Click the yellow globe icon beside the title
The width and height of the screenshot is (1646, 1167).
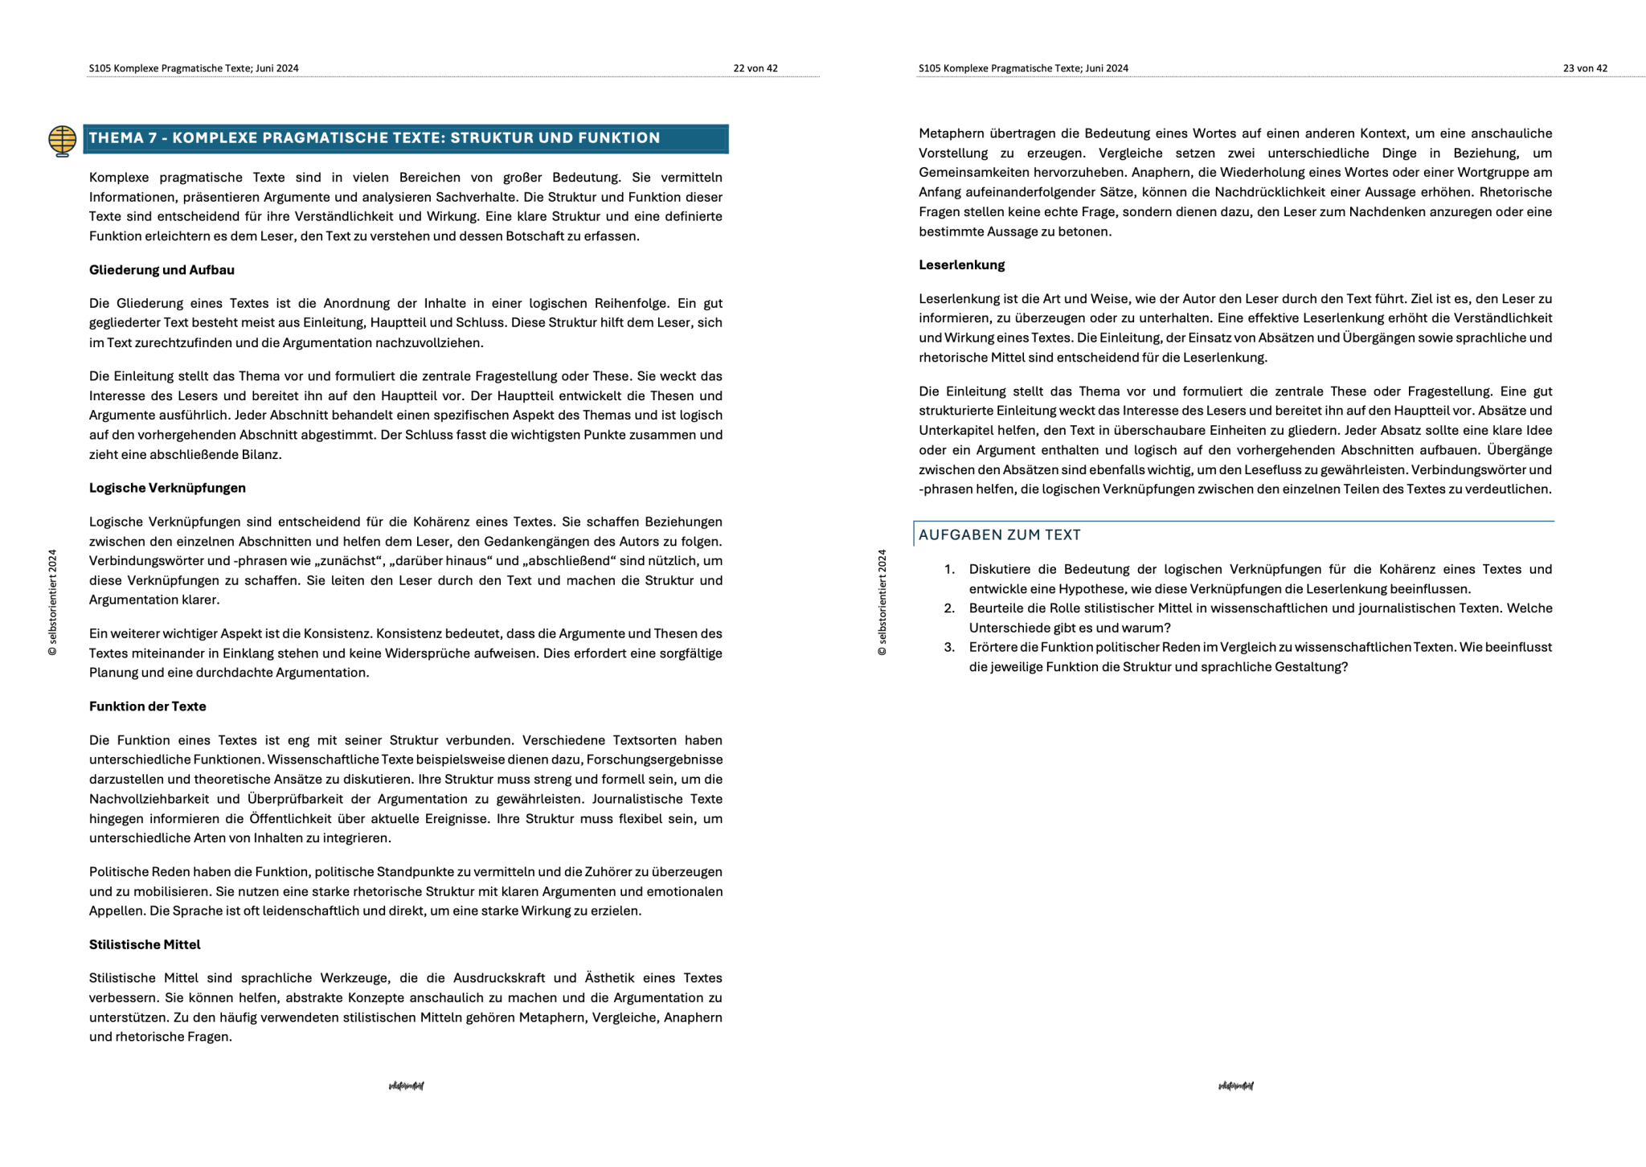click(x=62, y=141)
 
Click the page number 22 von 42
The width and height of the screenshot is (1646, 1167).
click(x=755, y=68)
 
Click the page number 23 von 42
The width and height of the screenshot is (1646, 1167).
click(x=1585, y=68)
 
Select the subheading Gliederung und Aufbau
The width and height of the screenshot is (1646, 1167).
click(x=162, y=270)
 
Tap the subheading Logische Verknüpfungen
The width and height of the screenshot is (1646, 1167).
click(x=167, y=488)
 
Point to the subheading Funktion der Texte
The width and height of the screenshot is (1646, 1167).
click(x=147, y=706)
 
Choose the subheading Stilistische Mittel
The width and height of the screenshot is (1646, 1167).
click(x=145, y=944)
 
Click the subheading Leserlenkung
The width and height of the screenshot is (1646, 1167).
click(x=961, y=265)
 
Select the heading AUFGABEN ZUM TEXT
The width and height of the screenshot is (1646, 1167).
click(x=999, y=535)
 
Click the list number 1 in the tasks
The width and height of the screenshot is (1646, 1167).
click(x=949, y=570)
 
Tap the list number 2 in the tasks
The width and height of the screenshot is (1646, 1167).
click(x=949, y=608)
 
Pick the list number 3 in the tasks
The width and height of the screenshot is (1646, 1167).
click(x=949, y=648)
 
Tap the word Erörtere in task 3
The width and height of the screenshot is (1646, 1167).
click(x=996, y=648)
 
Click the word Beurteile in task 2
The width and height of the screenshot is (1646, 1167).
click(x=999, y=608)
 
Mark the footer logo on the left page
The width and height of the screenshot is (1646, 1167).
click(x=406, y=1086)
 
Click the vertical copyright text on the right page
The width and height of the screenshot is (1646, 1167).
click(x=882, y=603)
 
